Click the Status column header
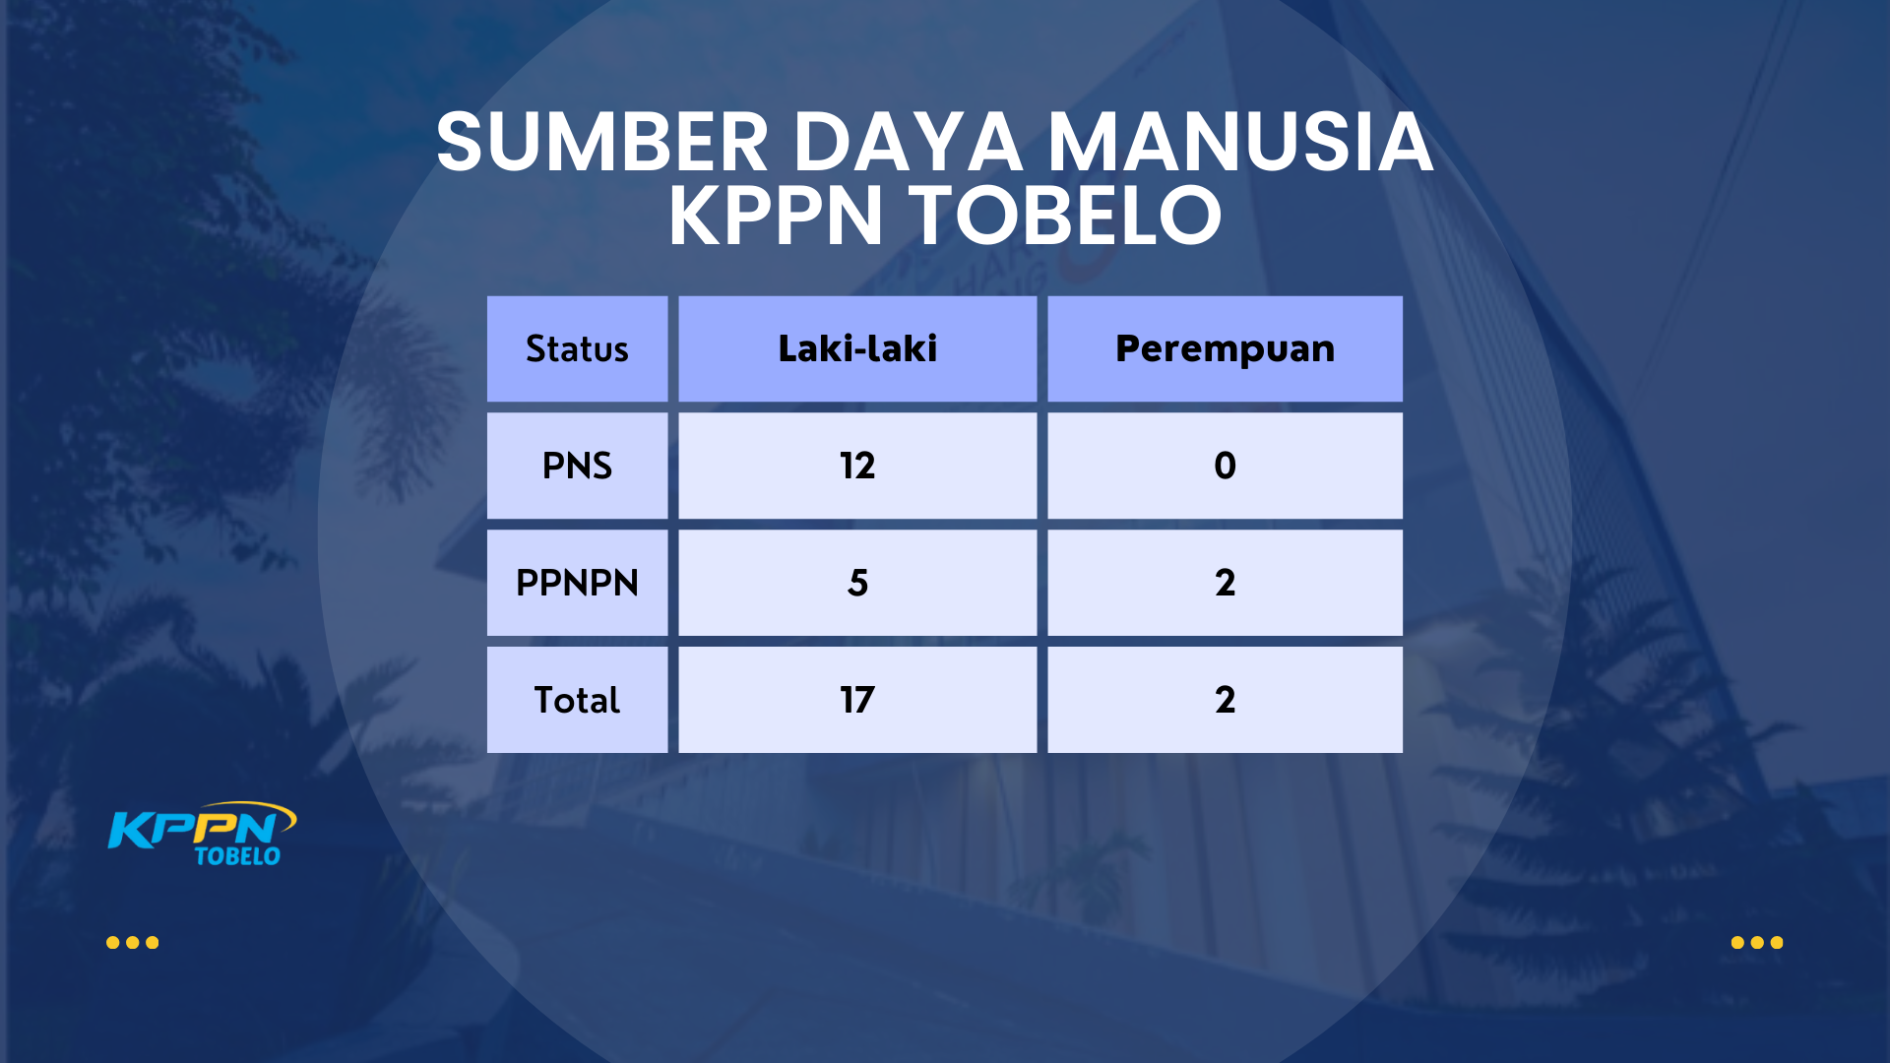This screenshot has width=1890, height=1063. [577, 348]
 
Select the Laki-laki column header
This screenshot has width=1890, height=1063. [857, 348]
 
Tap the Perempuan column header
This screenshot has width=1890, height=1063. [1225, 348]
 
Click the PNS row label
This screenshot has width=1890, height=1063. [577, 466]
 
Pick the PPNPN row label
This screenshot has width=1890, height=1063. [577, 583]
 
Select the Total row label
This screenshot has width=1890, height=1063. [577, 700]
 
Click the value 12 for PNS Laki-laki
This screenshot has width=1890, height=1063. [857, 466]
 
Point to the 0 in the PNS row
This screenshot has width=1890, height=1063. [1225, 466]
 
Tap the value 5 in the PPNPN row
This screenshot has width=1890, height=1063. [857, 583]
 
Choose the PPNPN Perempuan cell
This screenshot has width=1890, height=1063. [1225, 583]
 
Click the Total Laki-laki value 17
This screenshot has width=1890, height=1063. [857, 700]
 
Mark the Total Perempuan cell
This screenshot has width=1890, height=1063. [1225, 700]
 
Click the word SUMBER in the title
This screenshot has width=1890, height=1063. [602, 143]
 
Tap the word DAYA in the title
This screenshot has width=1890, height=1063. [909, 143]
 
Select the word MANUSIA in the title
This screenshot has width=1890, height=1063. [1240, 143]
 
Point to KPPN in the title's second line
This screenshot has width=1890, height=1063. [776, 216]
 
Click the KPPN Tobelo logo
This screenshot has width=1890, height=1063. [202, 834]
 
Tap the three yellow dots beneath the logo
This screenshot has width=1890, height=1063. [132, 943]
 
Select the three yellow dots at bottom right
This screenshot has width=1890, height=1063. [1757, 943]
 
